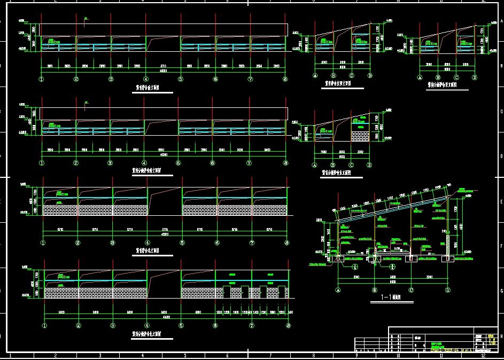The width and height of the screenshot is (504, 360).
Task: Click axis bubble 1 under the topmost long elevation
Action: click(41, 79)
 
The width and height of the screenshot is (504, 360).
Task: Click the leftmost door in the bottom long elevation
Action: click(227, 292)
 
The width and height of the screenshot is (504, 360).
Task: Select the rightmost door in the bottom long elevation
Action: click(282, 292)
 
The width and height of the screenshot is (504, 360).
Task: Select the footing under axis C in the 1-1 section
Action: click(411, 260)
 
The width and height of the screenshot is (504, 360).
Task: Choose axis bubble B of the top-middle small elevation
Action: click(333, 76)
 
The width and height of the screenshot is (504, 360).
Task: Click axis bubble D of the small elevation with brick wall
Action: click(369, 166)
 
